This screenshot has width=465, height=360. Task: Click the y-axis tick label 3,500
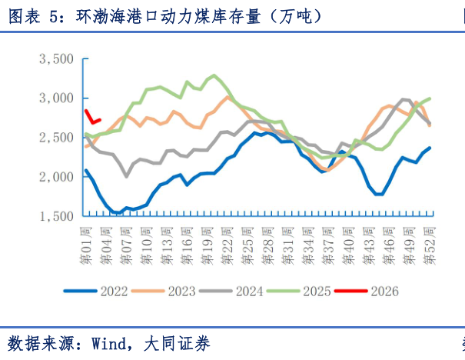pyautogui.click(x=55, y=59)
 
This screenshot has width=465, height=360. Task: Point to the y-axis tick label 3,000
pyautogui.click(x=55, y=98)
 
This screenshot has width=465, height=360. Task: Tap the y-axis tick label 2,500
pyautogui.click(x=55, y=138)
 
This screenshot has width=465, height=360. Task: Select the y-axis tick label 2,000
pyautogui.click(x=55, y=177)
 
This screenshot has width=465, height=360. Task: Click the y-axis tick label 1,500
pyautogui.click(x=55, y=216)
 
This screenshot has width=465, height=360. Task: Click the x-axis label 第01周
pyautogui.click(x=87, y=242)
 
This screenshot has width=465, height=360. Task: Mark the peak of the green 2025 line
pyautogui.click(x=214, y=75)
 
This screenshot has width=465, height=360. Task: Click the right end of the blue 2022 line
pyautogui.click(x=429, y=148)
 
